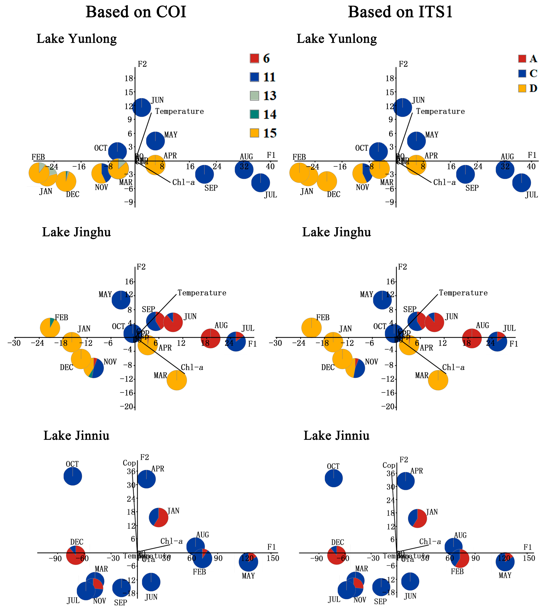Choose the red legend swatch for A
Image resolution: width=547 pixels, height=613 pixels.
coord(522,58)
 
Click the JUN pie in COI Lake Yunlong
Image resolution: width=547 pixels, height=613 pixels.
coord(142,107)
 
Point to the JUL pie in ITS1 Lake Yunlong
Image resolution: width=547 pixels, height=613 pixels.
coord(521,182)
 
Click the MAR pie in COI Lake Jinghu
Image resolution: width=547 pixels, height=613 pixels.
coord(177,380)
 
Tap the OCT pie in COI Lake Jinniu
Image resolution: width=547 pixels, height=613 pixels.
coord(73,476)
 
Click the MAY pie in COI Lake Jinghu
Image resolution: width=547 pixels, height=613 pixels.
coord(121,300)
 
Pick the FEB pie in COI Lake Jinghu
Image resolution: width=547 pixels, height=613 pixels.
coord(50,328)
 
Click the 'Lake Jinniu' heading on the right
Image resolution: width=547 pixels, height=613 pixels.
coord(336,436)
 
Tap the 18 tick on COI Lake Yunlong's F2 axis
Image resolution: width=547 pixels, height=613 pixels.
coord(129,79)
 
